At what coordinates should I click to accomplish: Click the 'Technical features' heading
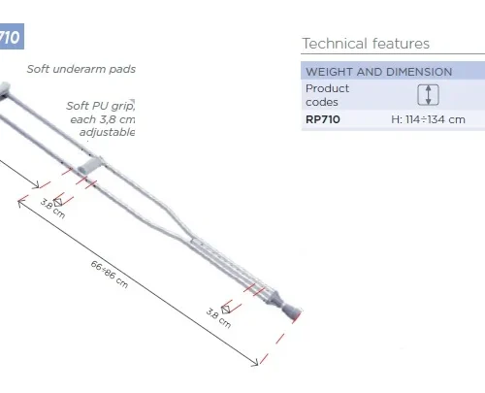[x=366, y=44]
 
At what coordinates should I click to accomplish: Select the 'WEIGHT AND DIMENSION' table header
[x=378, y=72]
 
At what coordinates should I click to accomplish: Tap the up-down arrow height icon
[x=428, y=95]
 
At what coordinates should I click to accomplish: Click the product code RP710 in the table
[x=323, y=119]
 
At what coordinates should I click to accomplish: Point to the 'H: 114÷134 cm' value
[x=428, y=119]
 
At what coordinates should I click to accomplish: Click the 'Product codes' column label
[x=327, y=95]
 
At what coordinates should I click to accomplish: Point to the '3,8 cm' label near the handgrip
[x=52, y=208]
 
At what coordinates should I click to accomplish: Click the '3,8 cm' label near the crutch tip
[x=218, y=317]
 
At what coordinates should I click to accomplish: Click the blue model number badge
[x=10, y=39]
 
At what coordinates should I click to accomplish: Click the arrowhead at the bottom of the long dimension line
[x=256, y=363]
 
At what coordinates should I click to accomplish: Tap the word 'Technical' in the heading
[x=332, y=44]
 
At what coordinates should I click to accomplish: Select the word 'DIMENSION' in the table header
[x=420, y=72]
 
